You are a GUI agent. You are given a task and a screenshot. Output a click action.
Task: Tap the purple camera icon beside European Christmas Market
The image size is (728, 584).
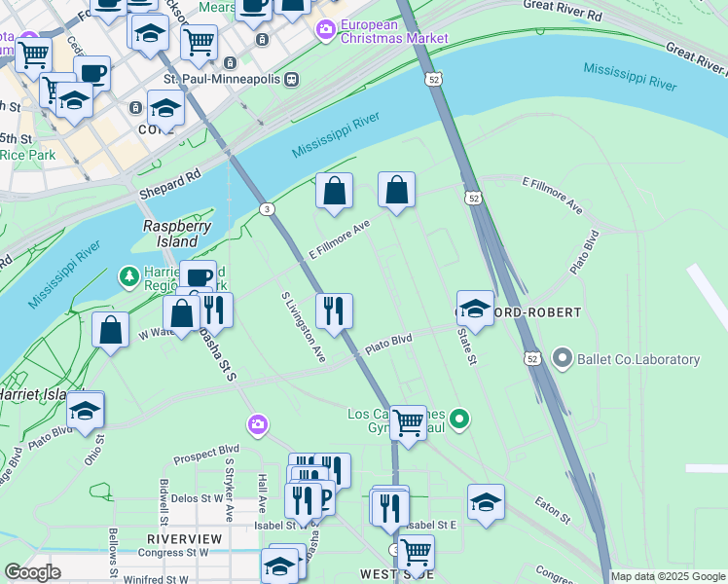click(x=324, y=30)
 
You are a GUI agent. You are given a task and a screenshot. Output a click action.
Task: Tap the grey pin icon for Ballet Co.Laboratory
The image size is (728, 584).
click(x=562, y=359)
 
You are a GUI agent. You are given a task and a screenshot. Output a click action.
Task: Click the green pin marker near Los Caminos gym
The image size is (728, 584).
click(x=460, y=420)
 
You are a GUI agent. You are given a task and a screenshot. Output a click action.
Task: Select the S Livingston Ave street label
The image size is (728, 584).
click(x=303, y=326)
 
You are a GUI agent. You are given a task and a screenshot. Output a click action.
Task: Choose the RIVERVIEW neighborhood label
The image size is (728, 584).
click(x=184, y=538)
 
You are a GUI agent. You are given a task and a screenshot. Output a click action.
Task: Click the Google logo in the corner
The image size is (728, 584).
click(x=32, y=572)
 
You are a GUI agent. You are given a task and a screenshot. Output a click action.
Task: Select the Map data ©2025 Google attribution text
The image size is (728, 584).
click(x=668, y=576)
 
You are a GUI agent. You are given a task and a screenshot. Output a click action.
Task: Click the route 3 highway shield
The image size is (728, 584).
click(x=266, y=208)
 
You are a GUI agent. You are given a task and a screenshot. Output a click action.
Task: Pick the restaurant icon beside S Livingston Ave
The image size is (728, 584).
click(x=334, y=312)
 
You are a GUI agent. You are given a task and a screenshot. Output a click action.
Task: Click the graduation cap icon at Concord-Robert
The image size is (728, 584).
click(x=475, y=310)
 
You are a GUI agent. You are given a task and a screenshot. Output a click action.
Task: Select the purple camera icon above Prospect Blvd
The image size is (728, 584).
click(x=257, y=423)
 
